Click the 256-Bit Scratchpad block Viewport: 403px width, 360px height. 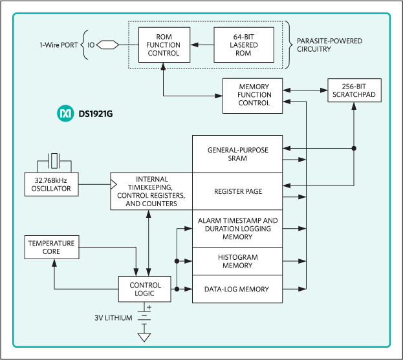[354, 91]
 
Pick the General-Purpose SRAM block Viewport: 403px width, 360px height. [237, 154]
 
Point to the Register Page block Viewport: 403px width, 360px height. [237, 191]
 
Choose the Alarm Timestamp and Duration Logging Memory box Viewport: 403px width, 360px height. [237, 228]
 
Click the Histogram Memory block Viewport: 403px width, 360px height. [237, 261]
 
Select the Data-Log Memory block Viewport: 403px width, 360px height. [237, 289]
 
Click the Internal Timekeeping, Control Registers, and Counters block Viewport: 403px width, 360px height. [152, 191]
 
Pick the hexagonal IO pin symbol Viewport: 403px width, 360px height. [108, 45]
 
